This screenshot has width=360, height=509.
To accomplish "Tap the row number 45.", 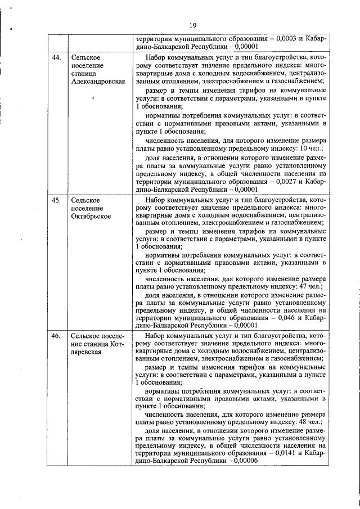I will point(56,200).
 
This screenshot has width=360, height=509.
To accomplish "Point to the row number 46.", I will point(56,336).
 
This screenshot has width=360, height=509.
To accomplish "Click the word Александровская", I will point(98,82).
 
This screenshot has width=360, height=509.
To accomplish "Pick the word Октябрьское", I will point(91,216).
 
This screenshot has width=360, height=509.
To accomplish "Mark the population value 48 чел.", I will point(311,421).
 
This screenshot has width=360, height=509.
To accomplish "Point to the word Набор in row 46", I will point(155,336).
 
